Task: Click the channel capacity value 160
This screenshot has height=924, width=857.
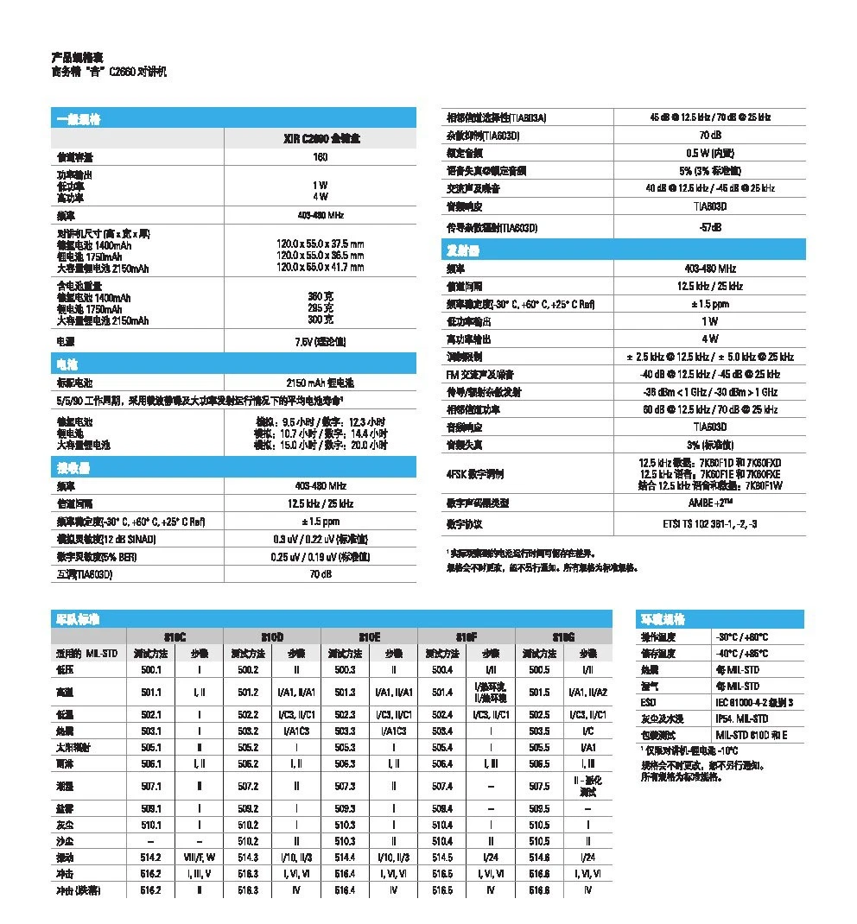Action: [x=320, y=157]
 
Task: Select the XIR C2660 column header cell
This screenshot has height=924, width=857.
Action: [x=320, y=138]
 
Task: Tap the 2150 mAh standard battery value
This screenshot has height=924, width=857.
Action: [x=320, y=383]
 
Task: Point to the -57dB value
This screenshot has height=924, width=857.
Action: [x=710, y=227]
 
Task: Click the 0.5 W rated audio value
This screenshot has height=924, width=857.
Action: [x=710, y=153]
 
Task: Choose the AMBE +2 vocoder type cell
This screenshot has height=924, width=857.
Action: [x=710, y=503]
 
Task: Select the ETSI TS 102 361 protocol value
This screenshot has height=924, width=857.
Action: [x=710, y=524]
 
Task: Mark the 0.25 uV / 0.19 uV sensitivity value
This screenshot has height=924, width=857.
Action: [x=320, y=557]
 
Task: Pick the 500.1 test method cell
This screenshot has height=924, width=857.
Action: [x=151, y=669]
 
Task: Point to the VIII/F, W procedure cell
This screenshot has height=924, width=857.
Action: [x=200, y=858]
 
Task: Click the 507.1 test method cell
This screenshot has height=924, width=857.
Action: [x=151, y=786]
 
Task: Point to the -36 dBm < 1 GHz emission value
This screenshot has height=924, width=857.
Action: [x=710, y=391]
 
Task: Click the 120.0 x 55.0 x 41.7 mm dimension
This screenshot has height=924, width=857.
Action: [x=320, y=268]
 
